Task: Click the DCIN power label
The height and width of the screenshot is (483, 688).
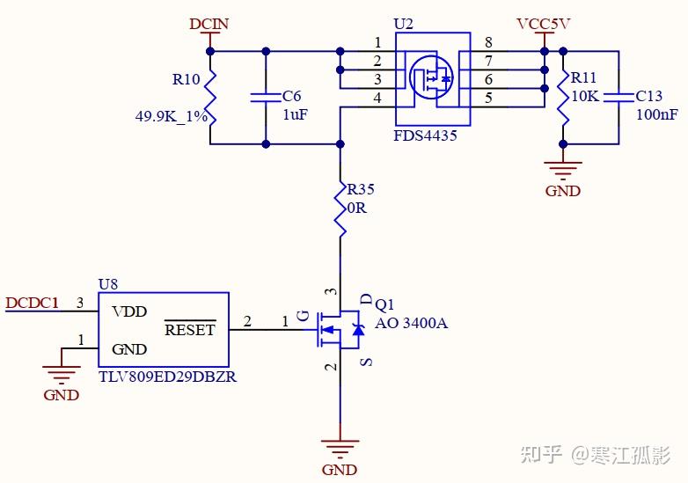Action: (x=209, y=24)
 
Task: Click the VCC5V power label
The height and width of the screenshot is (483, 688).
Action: (x=544, y=24)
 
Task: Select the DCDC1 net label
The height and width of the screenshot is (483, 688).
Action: (x=33, y=304)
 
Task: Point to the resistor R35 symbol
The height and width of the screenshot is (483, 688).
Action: (x=340, y=208)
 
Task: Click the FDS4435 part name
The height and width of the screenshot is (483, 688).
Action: (x=427, y=136)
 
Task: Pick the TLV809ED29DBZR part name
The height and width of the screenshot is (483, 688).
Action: (x=167, y=376)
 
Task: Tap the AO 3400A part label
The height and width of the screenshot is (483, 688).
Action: (x=411, y=323)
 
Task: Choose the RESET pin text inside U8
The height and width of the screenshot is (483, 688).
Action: (x=190, y=330)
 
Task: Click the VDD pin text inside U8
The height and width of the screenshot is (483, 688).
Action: (x=129, y=311)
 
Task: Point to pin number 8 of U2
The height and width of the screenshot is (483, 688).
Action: (x=488, y=42)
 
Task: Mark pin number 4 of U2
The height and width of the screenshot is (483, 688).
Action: (x=377, y=98)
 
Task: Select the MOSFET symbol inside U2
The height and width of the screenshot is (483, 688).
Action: (x=431, y=77)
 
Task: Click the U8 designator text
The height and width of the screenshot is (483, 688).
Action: (x=108, y=284)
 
